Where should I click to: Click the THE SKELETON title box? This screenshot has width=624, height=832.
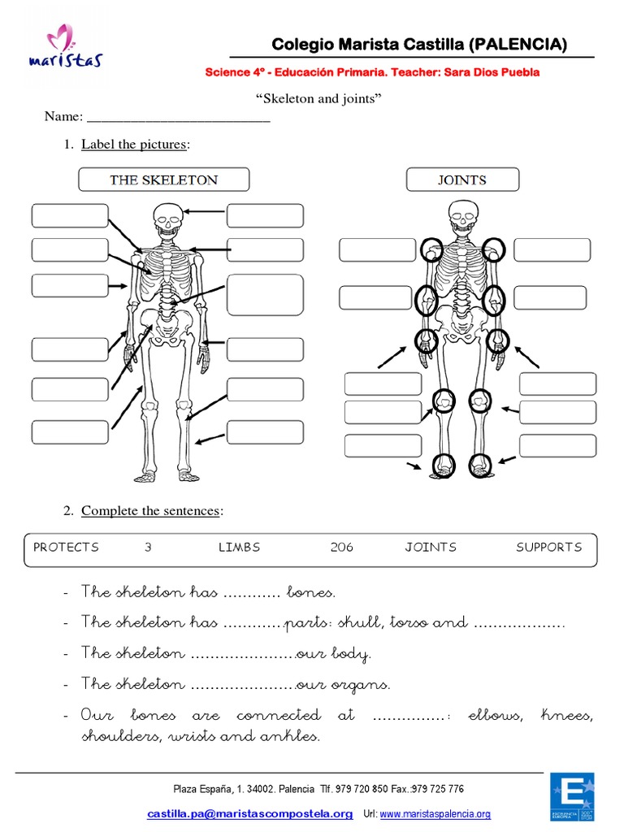(163, 180)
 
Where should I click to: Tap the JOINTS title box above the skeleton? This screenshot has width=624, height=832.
(461, 180)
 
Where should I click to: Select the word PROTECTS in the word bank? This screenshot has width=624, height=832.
(66, 547)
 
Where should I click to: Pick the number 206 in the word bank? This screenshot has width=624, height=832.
(342, 547)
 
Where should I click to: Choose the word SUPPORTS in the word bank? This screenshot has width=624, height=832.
(549, 547)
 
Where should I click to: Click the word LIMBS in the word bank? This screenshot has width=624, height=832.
(239, 547)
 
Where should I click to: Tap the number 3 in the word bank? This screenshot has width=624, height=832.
(149, 547)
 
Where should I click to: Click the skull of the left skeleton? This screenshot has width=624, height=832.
(167, 219)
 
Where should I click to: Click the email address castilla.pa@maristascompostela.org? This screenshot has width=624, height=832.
(249, 813)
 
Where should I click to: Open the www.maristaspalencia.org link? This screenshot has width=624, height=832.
(435, 814)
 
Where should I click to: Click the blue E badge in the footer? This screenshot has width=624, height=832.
(572, 797)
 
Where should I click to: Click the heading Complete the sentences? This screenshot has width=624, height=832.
(151, 511)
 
